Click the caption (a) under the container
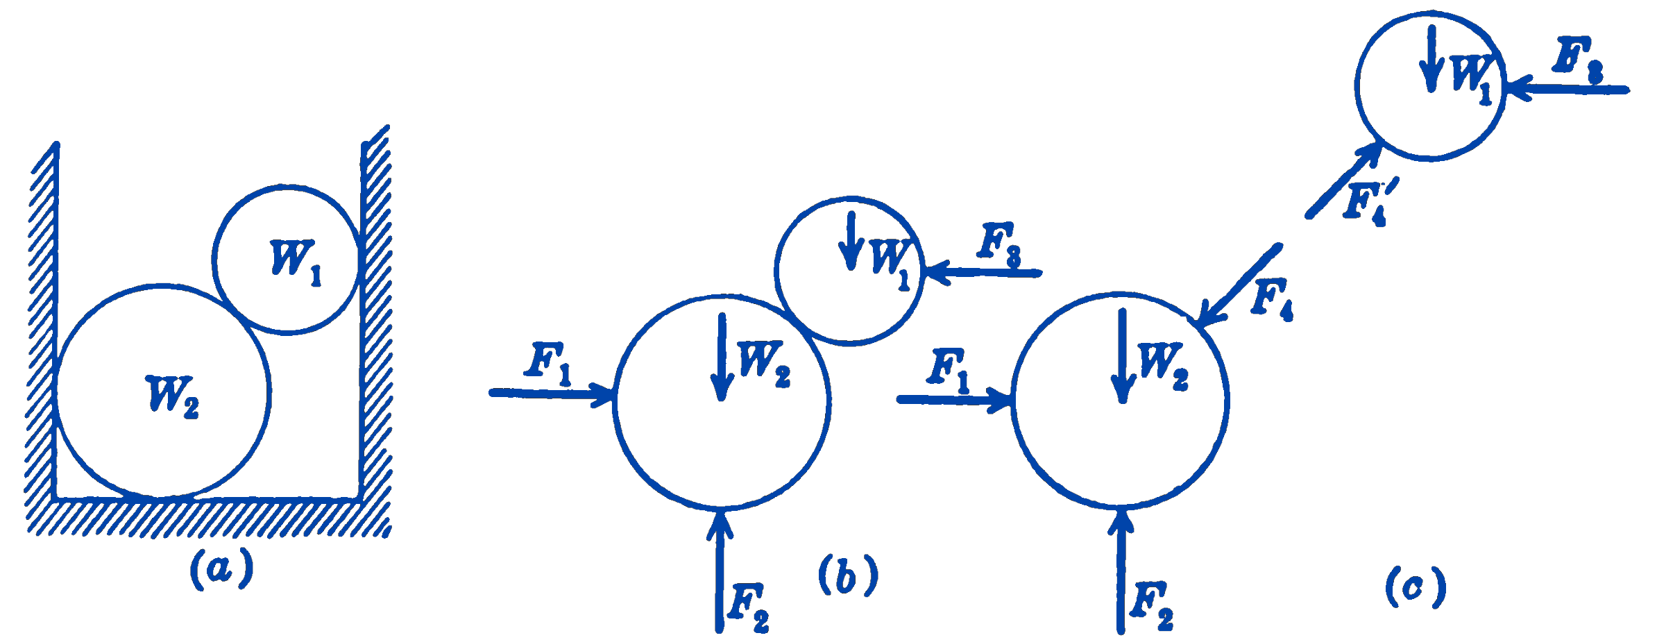click(221, 569)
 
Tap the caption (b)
click(848, 575)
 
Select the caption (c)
click(1416, 587)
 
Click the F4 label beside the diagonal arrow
click(1272, 299)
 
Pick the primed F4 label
click(1368, 202)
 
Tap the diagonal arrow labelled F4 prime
click(1343, 180)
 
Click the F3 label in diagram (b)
click(999, 244)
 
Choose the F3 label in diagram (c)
click(1577, 60)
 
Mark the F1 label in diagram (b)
click(548, 362)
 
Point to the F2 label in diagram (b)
click(748, 607)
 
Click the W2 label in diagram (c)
click(1163, 365)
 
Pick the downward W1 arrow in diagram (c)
click(1431, 59)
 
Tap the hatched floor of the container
click(208, 518)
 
